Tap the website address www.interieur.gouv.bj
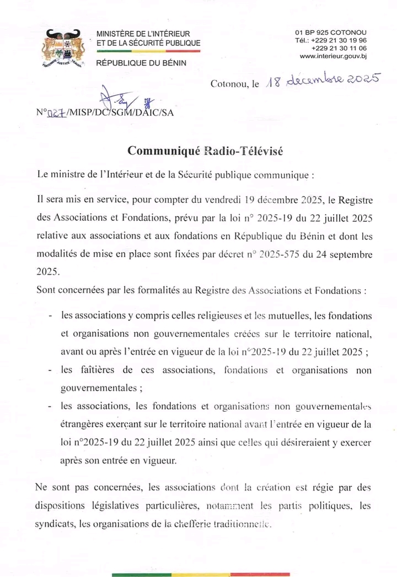click(x=333, y=56)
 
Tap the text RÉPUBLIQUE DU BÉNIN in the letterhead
click(x=141, y=63)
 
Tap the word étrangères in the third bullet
click(x=83, y=424)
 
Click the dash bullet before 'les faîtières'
click(x=51, y=371)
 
